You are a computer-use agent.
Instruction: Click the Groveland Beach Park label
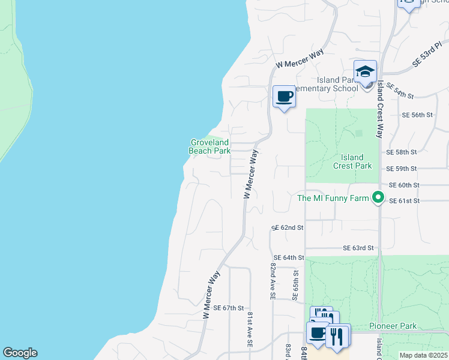[x=209, y=147]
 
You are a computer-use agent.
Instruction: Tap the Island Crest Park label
[x=352, y=161]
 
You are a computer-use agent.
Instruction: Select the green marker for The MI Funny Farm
[x=378, y=197]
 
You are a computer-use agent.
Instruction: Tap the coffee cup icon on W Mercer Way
[x=284, y=97]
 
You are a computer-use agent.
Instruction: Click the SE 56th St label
[x=417, y=115]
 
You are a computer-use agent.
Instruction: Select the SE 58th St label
[x=402, y=153]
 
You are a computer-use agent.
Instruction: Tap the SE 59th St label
[x=402, y=169]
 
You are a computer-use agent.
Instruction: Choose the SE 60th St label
[x=404, y=185]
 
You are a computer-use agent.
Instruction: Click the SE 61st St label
[x=404, y=201]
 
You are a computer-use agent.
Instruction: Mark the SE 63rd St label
[x=358, y=248]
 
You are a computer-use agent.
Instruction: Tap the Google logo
[x=20, y=353]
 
